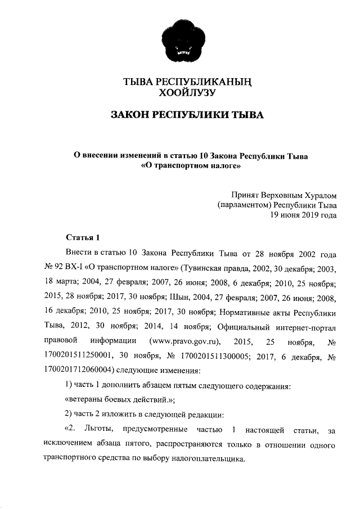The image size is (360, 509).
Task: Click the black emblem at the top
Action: tap(181, 40)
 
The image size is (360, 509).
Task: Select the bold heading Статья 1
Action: tap(82, 237)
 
